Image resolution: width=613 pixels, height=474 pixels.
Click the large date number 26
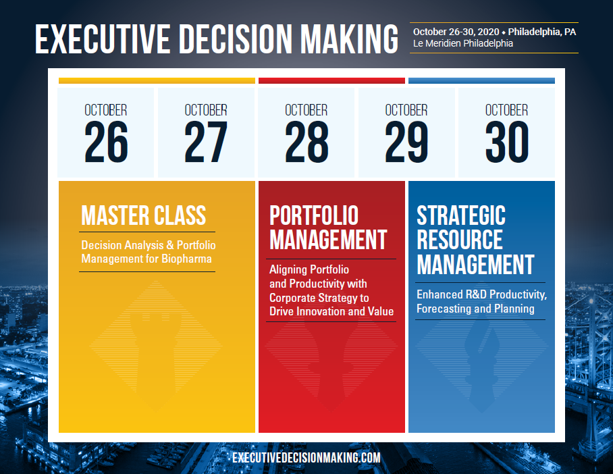pos(106,142)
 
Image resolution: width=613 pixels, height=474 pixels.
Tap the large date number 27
pos(206,142)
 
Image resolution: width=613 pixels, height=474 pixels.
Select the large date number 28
pos(306,142)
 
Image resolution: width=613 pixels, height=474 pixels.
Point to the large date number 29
pos(406,142)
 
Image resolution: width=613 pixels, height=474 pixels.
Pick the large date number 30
pos(507,142)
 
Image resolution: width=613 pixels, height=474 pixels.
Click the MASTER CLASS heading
pos(144,215)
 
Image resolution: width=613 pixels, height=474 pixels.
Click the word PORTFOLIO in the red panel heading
pos(314,215)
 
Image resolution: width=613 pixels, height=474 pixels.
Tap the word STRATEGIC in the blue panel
pos(461,215)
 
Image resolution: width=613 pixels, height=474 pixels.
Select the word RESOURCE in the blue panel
pos(460,240)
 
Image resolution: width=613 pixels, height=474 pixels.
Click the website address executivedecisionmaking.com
pos(306,458)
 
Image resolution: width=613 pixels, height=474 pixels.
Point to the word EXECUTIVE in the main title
pos(103,38)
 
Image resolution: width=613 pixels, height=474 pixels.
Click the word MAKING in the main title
pos(349,38)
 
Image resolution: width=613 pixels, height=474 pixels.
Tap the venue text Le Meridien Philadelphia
pos(463,43)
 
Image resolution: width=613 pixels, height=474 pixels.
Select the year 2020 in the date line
pos(488,32)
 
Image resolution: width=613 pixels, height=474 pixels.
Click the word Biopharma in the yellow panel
pos(186,259)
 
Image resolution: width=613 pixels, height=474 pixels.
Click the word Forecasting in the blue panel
pos(444,309)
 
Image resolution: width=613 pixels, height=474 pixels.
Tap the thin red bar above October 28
pos(331,80)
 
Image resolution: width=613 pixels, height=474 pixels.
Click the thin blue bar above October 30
pos(481,80)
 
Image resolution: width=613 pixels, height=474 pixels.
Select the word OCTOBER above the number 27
pos(206,110)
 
